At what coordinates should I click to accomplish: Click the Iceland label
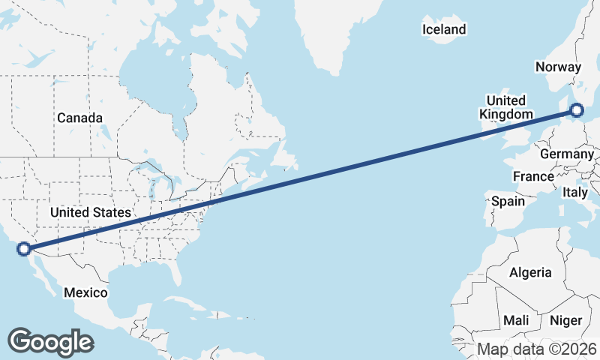coord(444,30)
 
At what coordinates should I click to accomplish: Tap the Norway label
coord(558,67)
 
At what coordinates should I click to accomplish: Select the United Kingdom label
coord(506,107)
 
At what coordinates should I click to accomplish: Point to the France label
coord(532,177)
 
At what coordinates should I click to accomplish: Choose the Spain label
coord(508,201)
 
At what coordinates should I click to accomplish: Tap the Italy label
coord(575,193)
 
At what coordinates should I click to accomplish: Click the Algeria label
coord(529,273)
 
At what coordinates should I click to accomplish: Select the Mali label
coord(516,320)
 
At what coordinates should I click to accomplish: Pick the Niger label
coord(565,320)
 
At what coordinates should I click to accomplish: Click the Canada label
coord(79,118)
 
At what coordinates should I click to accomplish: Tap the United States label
coord(90,213)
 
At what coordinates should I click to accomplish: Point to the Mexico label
coord(85,292)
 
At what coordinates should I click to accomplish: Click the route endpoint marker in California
coord(24,248)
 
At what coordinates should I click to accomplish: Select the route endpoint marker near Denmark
coord(576,110)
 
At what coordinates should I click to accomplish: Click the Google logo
coord(50,341)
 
